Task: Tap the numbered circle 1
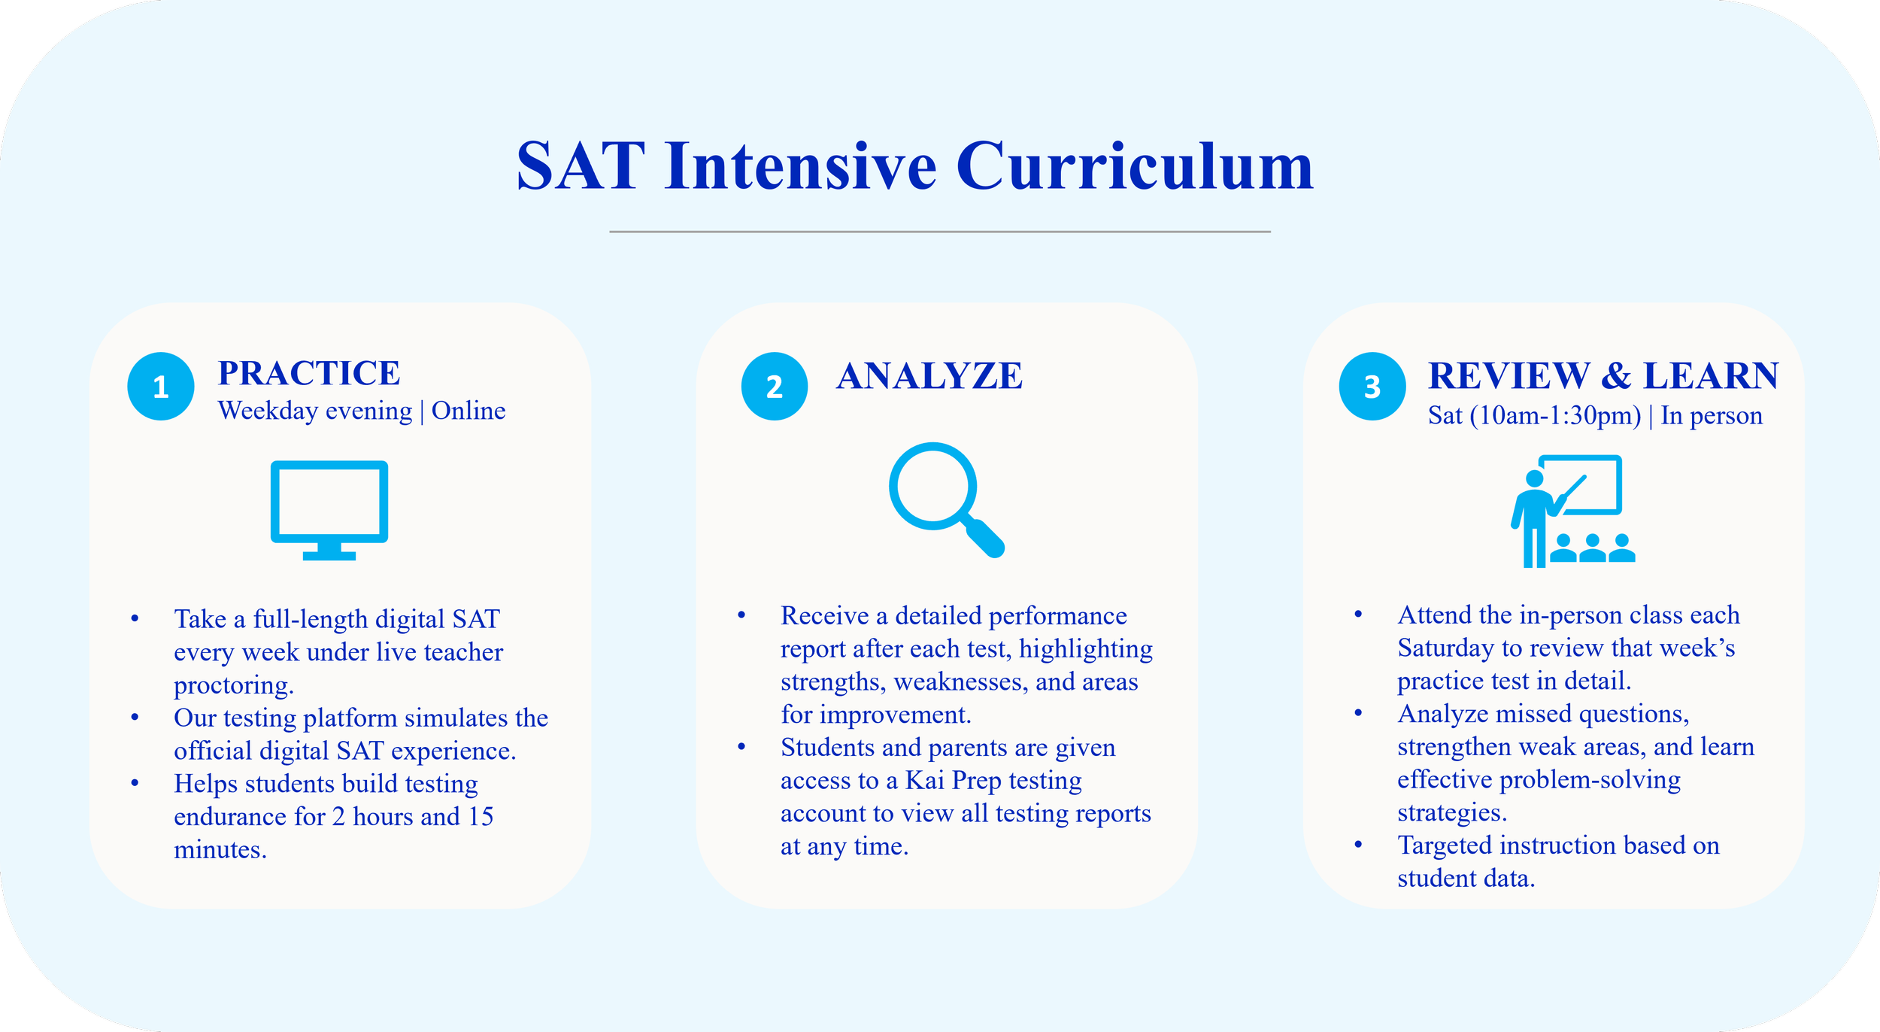click(x=161, y=386)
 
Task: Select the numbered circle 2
click(x=775, y=386)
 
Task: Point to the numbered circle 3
click(x=1372, y=386)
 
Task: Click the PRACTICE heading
click(x=309, y=373)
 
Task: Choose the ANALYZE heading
click(x=929, y=375)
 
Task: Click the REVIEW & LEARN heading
click(x=1603, y=375)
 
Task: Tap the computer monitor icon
click(x=329, y=510)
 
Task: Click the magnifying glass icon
click(x=947, y=500)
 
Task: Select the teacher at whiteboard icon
click(x=1573, y=511)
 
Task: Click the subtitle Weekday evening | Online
click(x=362, y=411)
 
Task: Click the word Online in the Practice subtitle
click(x=468, y=411)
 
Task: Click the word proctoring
click(x=234, y=686)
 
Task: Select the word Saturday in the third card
click(x=1445, y=648)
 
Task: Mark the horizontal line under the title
click(x=940, y=232)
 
